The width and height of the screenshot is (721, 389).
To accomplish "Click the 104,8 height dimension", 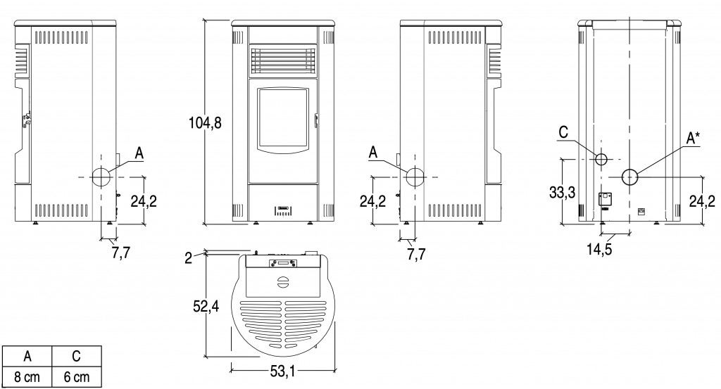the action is point(205,123).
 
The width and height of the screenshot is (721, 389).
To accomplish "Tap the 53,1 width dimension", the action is point(282,371).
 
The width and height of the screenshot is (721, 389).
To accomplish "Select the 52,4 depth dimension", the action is point(206,306).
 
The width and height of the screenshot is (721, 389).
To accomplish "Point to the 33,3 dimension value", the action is point(562,193).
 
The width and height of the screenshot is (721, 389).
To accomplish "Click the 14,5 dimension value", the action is point(599,250).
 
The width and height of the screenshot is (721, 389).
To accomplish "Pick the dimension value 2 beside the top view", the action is point(188,258).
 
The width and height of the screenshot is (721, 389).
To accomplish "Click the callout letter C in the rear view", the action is point(563,132).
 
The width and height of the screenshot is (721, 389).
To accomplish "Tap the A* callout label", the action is point(693,137).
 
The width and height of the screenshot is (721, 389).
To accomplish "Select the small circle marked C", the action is point(601,160).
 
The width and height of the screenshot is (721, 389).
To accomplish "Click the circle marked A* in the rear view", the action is point(630,177).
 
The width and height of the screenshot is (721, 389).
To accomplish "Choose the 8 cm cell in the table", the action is point(27,378).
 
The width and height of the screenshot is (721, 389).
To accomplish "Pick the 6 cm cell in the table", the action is point(76,378).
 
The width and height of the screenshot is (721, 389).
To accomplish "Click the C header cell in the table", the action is point(76,357).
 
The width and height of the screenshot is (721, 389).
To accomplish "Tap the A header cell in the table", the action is point(27,357).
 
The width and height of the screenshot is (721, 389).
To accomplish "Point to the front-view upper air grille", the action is point(283,60).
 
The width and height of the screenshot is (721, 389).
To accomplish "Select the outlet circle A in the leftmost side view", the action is point(100,177).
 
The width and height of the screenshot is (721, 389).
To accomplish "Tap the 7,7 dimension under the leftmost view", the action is point(121,252).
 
